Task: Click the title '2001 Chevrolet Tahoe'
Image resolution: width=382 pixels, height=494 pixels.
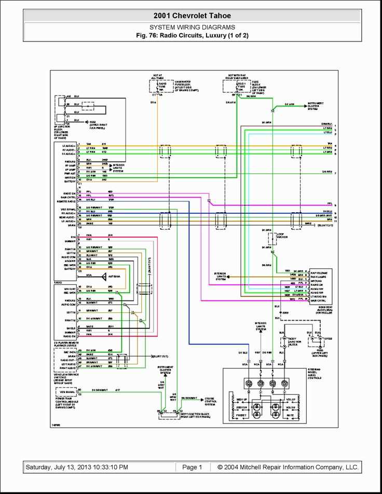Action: point(192,16)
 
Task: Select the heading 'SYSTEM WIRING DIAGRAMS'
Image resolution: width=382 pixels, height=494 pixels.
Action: point(192,27)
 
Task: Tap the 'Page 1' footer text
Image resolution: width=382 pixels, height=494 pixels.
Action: point(192,467)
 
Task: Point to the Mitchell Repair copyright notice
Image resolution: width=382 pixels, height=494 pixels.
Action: point(288,467)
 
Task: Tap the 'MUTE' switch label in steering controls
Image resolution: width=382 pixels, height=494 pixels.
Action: point(291,415)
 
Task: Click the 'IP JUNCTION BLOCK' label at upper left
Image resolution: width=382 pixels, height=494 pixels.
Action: point(64,132)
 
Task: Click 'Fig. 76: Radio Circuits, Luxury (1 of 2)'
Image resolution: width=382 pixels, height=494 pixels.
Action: point(192,35)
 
